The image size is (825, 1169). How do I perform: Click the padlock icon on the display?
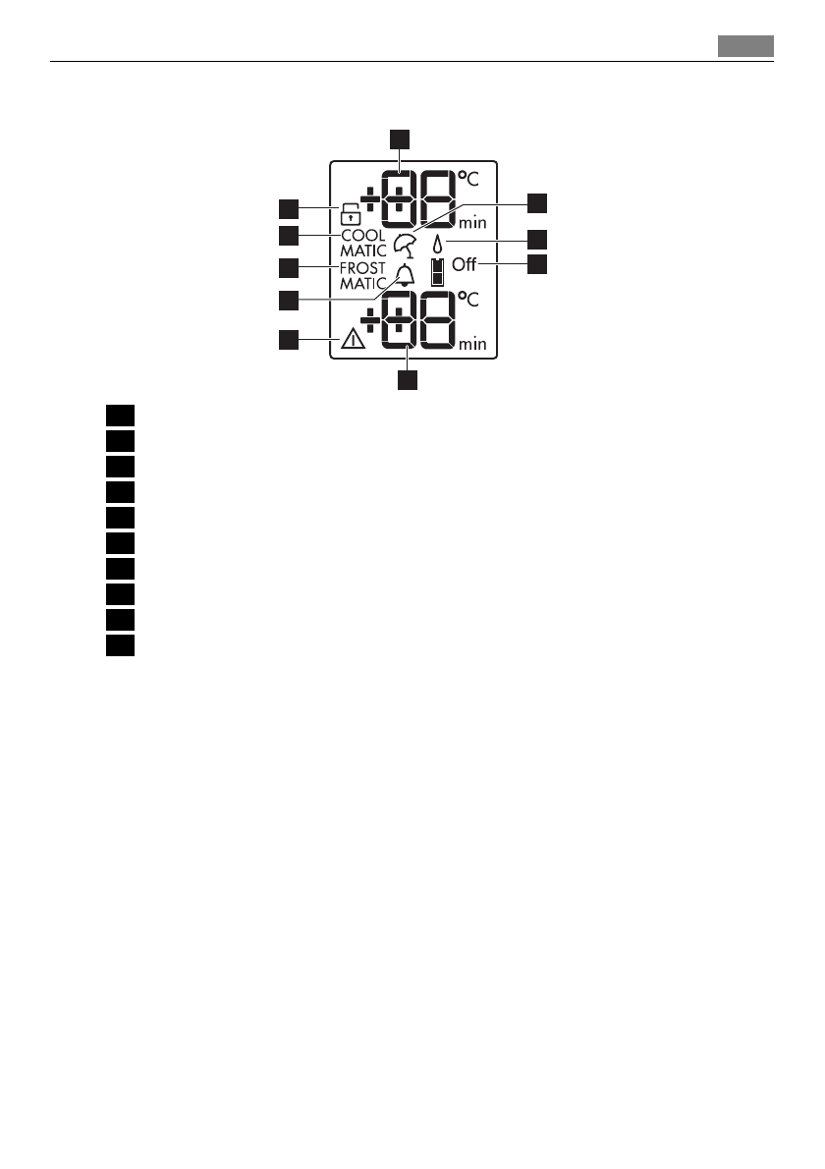(350, 211)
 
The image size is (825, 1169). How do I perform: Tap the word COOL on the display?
(362, 236)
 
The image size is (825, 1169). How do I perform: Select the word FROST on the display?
(362, 268)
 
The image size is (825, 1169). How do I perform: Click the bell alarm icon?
(404, 276)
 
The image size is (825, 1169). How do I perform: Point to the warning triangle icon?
(352, 341)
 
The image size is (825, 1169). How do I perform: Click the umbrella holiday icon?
(404, 245)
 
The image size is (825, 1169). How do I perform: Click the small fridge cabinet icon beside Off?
(437, 271)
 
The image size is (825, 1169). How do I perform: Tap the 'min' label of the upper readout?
(472, 223)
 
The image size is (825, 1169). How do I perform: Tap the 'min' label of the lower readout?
(472, 344)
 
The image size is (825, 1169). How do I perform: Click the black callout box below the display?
(408, 380)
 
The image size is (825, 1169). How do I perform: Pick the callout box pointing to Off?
(537, 264)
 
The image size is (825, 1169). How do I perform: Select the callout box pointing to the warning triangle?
(287, 340)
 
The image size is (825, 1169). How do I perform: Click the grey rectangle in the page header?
(744, 46)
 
